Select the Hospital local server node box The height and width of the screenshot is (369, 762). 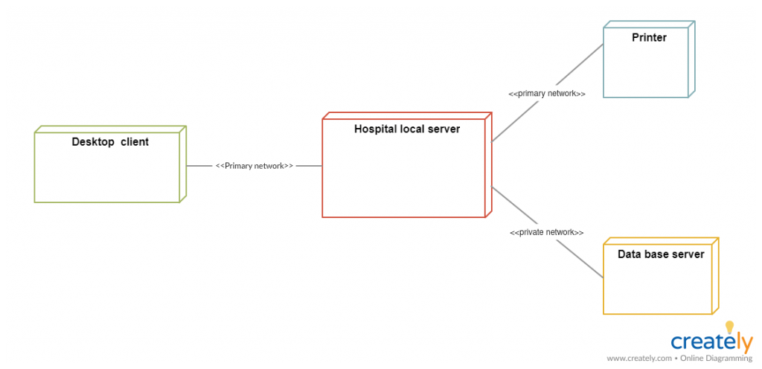pos(406,175)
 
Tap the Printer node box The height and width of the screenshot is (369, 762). pos(647,67)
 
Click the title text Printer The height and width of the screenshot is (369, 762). pos(649,38)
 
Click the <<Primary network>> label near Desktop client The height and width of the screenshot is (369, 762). pos(254,166)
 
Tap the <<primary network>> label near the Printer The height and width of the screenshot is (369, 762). pos(546,94)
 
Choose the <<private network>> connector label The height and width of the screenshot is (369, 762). pos(546,232)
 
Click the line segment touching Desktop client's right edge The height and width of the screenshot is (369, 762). pos(198,166)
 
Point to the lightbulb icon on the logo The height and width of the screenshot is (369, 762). pos(729,327)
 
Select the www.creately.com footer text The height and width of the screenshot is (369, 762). pos(638,359)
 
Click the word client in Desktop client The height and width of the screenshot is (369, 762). pos(134,142)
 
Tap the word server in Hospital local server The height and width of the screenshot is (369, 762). pos(444,129)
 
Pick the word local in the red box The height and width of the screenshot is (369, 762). pos(414,129)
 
